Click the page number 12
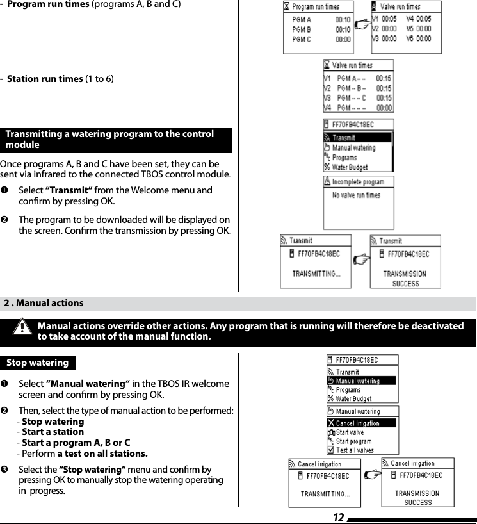(338, 517)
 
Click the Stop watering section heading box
(37, 363)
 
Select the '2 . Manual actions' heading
(44, 303)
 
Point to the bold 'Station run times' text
(44, 79)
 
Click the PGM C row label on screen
(302, 40)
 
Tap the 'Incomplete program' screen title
(358, 182)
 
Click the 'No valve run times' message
(356, 195)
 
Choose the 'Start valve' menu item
(350, 432)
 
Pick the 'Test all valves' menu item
(355, 450)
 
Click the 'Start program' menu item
(353, 441)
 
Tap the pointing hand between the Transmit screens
(362, 259)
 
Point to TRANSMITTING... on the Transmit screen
(316, 274)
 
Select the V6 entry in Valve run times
(419, 38)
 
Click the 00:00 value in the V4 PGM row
(384, 108)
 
